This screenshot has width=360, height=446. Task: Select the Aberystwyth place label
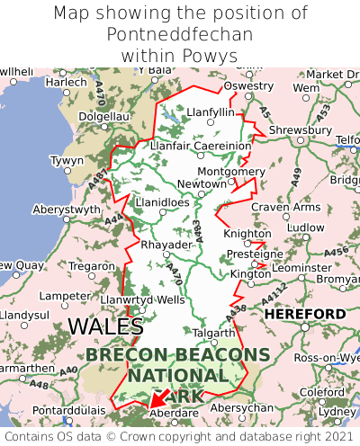[x=67, y=210]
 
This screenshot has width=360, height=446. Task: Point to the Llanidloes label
[x=162, y=202]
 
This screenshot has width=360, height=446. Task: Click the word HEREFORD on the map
[x=304, y=314]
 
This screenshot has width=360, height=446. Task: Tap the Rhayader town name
[x=166, y=245]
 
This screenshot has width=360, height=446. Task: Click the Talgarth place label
[x=214, y=333]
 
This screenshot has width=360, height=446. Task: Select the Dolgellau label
[x=105, y=116]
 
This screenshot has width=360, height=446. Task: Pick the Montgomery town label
[x=231, y=171]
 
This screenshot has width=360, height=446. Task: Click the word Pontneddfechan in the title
[x=180, y=34]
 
